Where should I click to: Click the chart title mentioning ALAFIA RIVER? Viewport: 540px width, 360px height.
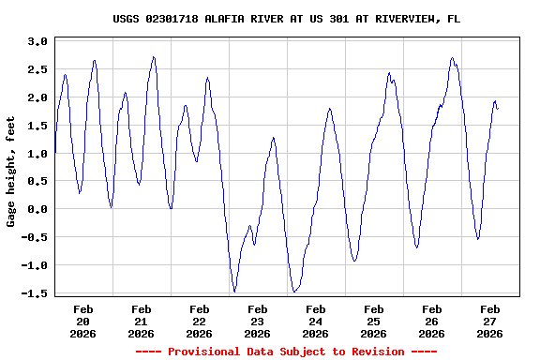(x=286, y=19)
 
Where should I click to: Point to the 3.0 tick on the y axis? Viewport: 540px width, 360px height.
(x=37, y=42)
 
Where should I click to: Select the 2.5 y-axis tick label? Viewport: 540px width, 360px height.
(x=37, y=70)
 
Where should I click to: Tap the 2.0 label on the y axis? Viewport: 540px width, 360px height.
(x=37, y=98)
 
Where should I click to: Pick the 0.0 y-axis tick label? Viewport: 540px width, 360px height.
(x=37, y=210)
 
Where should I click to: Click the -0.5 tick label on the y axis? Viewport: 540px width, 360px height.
(x=34, y=238)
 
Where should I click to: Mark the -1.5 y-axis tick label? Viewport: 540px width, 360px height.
(x=34, y=293)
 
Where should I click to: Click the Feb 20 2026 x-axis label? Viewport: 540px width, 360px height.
(x=82, y=321)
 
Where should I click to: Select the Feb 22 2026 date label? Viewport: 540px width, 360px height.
(x=199, y=321)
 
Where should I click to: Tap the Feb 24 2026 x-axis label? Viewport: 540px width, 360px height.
(x=315, y=321)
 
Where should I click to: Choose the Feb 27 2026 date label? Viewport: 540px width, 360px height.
(x=489, y=321)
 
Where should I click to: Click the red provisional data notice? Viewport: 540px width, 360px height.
(x=286, y=352)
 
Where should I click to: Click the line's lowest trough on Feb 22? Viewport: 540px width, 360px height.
(x=234, y=292)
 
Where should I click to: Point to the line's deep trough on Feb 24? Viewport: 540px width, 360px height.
(x=294, y=292)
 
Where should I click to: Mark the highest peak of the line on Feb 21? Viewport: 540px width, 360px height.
(x=154, y=57)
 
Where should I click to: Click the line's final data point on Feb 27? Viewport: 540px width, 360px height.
(x=498, y=109)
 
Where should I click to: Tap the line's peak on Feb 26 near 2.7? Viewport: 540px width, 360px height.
(x=452, y=58)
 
